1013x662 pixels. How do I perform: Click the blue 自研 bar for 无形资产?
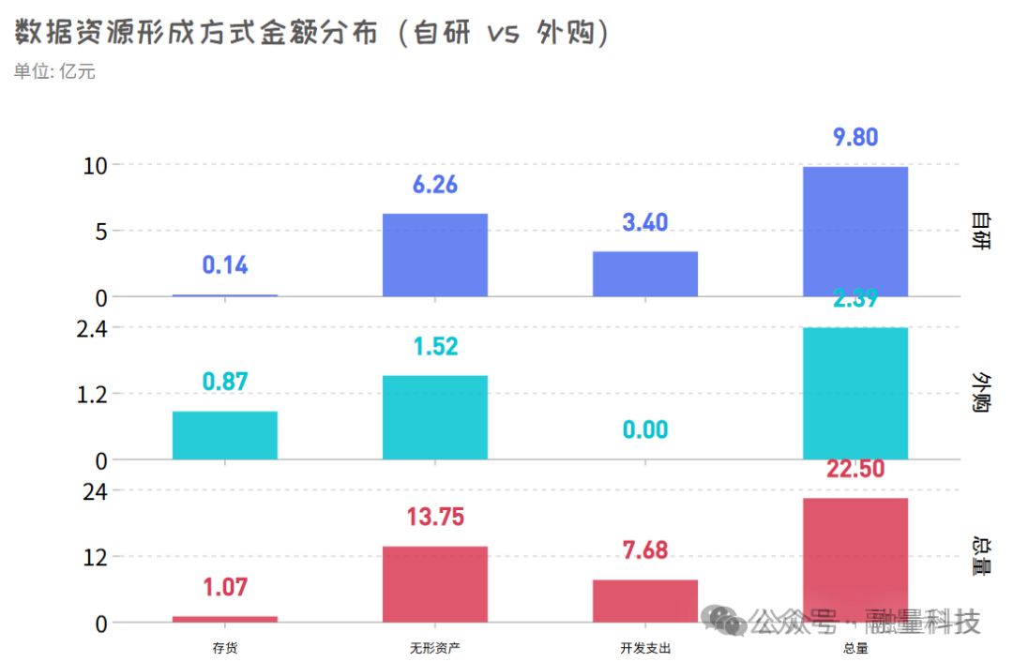(x=435, y=255)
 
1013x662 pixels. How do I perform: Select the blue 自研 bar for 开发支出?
(x=645, y=274)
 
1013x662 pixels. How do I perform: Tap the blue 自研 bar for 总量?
(x=855, y=232)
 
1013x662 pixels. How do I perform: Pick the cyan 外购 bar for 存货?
(x=225, y=435)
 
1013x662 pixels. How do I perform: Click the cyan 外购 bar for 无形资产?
(x=435, y=417)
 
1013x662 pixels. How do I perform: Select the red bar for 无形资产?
(x=435, y=584)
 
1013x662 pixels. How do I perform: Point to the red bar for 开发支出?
(x=645, y=600)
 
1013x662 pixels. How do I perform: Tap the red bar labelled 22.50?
(x=855, y=560)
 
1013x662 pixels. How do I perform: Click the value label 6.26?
(x=435, y=185)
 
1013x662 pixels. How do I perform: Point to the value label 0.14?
(x=225, y=265)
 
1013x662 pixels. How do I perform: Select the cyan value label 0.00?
(x=645, y=430)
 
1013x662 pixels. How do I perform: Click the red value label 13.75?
(x=435, y=517)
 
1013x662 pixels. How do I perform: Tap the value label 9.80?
(x=855, y=137)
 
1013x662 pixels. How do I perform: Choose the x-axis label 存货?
(x=225, y=648)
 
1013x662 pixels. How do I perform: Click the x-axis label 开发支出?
(x=645, y=648)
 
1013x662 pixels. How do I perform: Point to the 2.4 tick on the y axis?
(x=95, y=328)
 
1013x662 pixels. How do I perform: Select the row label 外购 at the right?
(x=981, y=393)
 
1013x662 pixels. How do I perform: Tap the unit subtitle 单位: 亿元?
(x=54, y=71)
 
